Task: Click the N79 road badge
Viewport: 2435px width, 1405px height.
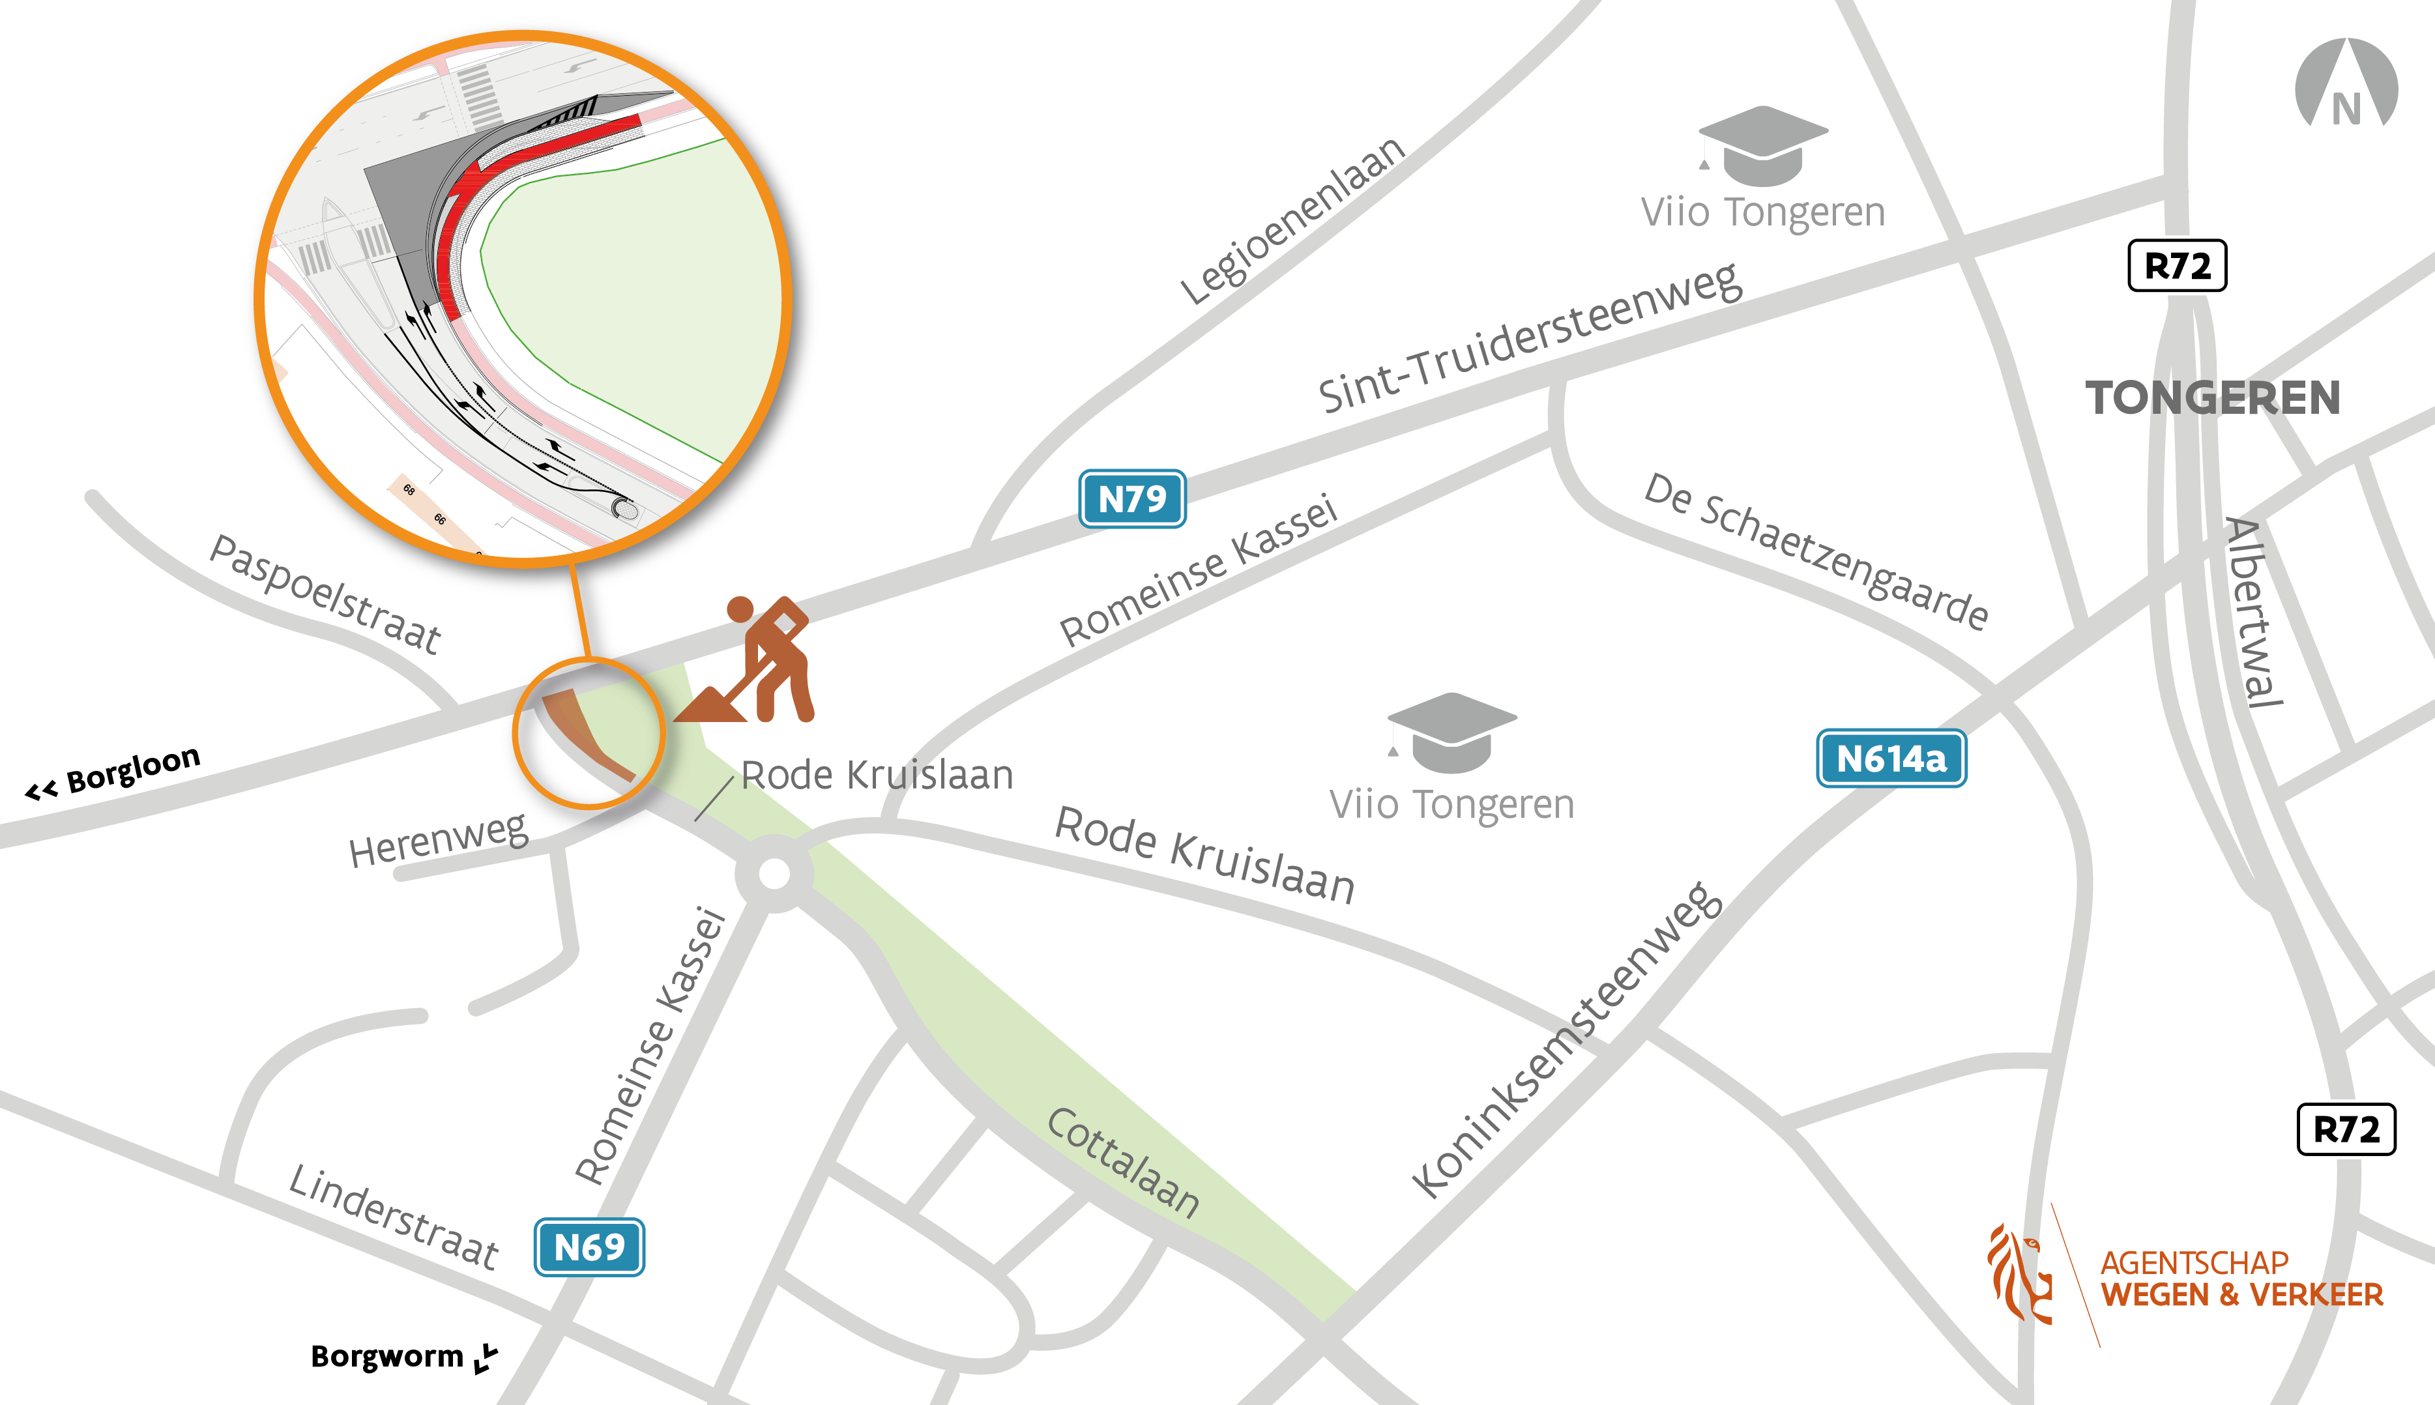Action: (1132, 499)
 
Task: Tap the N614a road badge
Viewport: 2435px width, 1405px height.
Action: (1891, 759)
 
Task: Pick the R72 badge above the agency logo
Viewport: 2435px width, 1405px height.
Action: (2345, 1129)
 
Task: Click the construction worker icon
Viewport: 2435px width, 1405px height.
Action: (763, 661)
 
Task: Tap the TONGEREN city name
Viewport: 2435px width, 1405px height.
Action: (2213, 398)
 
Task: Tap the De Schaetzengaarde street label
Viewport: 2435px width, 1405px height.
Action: (1815, 551)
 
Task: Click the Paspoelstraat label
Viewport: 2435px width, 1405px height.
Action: (325, 594)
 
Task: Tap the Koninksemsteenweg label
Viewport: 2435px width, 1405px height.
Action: (1566, 1040)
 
